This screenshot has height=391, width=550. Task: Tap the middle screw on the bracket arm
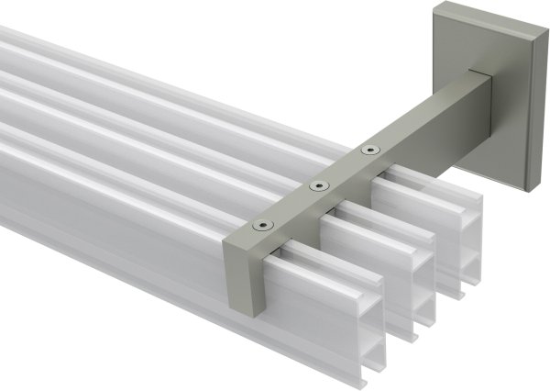tap(317, 186)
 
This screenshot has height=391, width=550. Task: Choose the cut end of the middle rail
tap(403, 266)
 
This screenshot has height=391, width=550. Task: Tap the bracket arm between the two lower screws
tap(289, 206)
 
